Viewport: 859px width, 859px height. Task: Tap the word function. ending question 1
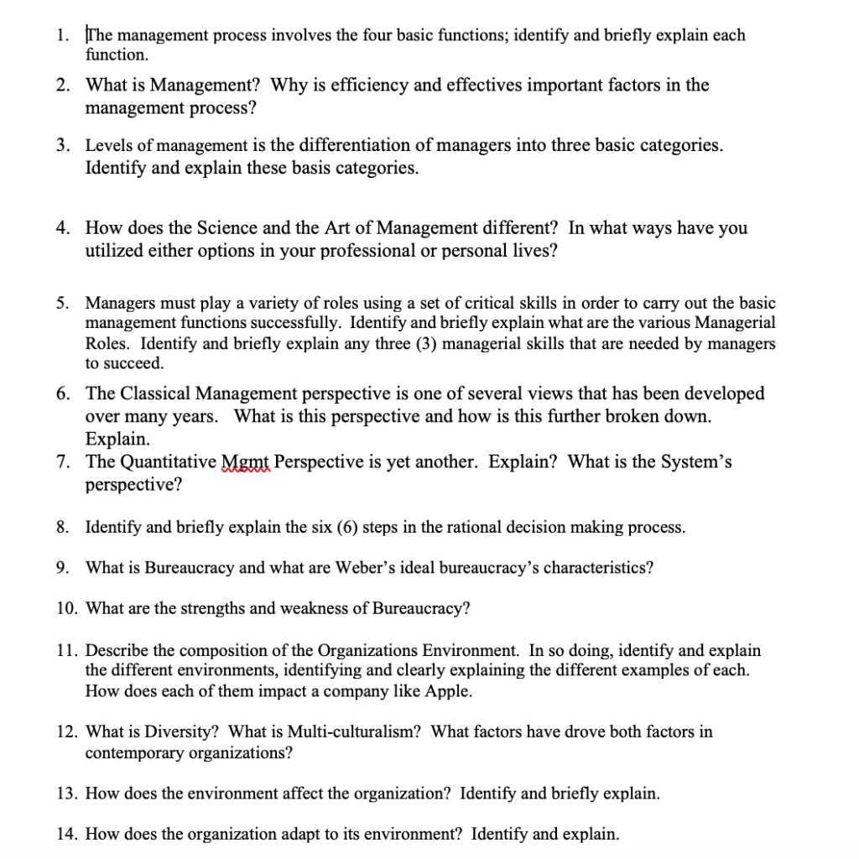point(117,55)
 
